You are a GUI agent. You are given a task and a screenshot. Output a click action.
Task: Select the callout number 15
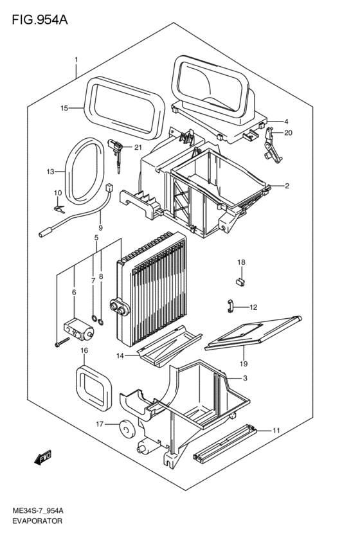64,109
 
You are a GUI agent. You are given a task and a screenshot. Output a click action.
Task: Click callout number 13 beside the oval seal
51,172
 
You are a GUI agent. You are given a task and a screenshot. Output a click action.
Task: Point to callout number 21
138,147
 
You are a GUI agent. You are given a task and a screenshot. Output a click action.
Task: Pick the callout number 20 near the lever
288,133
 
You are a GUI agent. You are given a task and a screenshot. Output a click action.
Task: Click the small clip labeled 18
241,279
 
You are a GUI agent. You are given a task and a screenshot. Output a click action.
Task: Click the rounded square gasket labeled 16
94,388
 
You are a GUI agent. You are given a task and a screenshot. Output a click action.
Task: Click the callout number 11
276,430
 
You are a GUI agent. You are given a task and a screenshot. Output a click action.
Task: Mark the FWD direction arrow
42,458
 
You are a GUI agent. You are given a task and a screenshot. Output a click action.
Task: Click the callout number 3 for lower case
245,378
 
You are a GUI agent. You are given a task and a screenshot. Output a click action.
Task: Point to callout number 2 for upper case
287,186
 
